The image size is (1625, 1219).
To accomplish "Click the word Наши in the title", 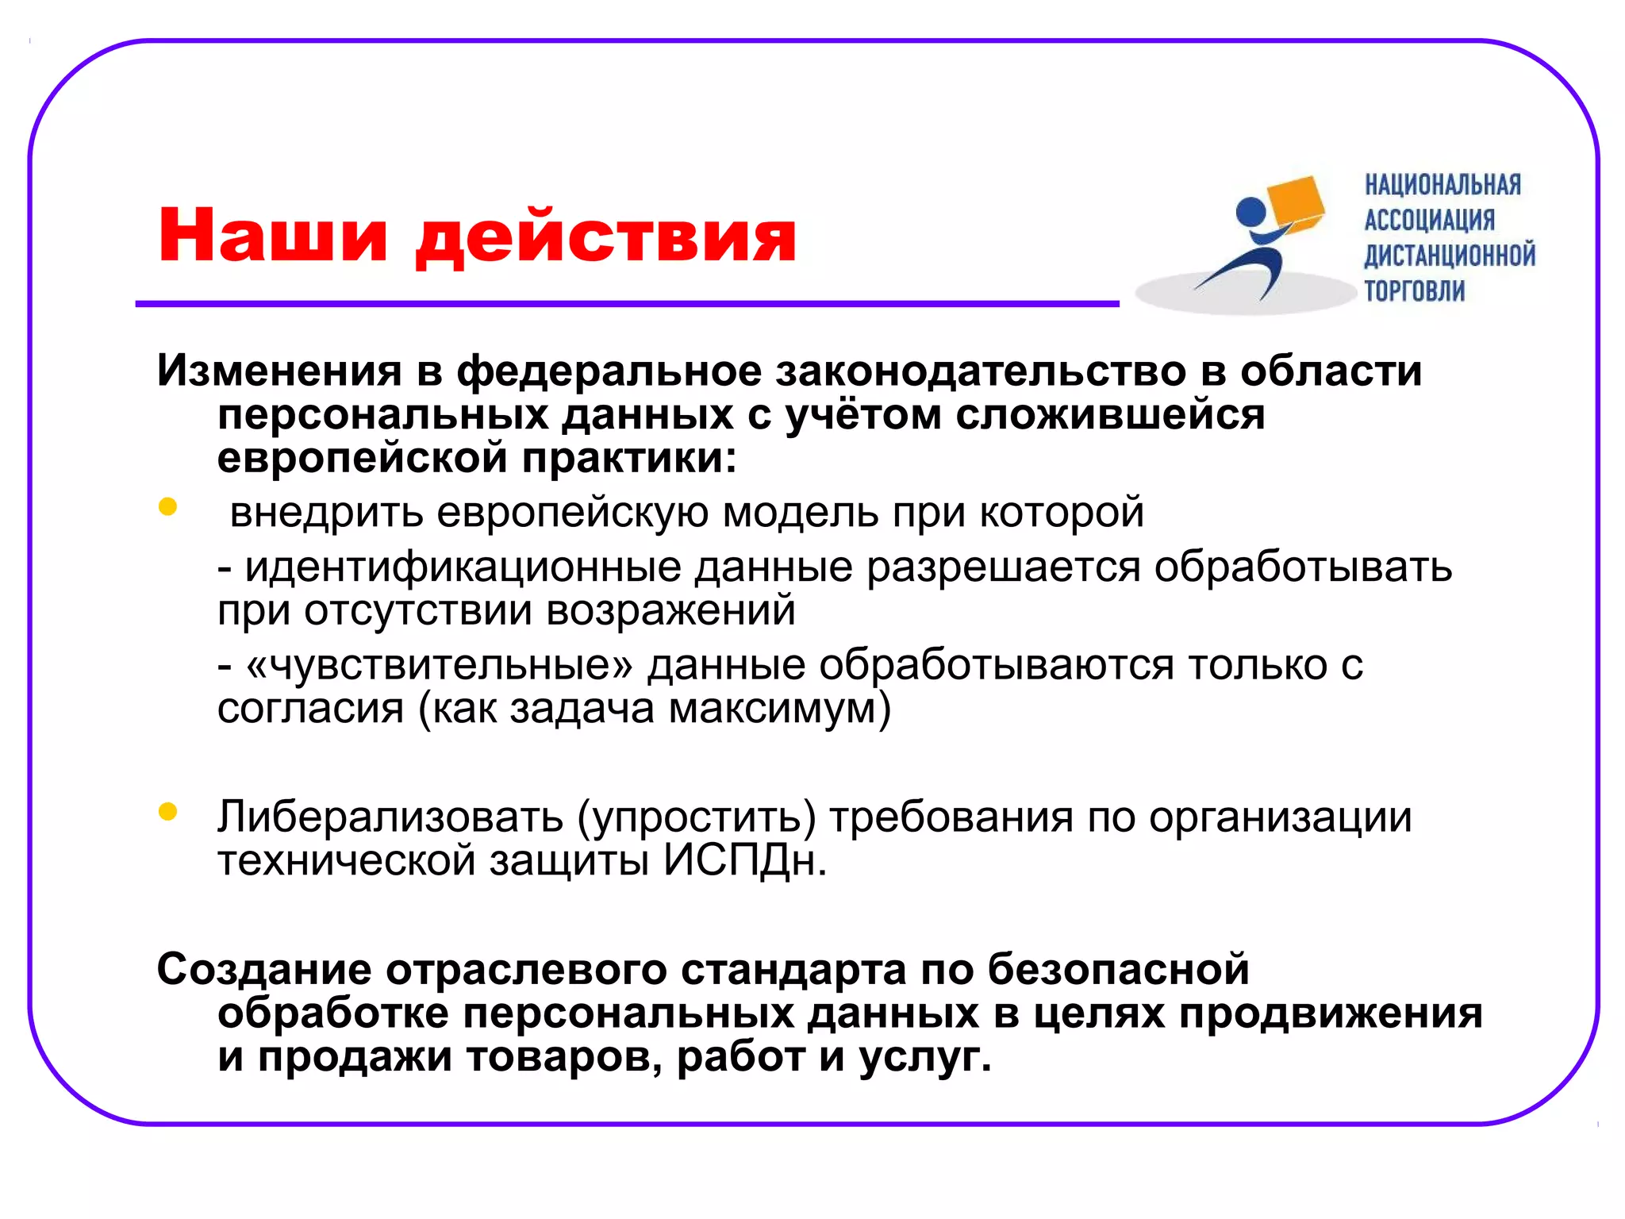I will coord(272,235).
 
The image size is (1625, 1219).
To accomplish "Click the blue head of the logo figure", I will coord(1250,212).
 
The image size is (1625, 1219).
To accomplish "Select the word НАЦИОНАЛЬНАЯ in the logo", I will coord(1443,185).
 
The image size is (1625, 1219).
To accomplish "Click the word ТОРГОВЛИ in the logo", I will coord(1414,291).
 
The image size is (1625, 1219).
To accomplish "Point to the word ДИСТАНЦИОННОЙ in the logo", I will coord(1449,256).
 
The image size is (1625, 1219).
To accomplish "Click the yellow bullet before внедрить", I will coord(167,506).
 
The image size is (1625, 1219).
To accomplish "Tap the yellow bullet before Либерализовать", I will coord(167,811).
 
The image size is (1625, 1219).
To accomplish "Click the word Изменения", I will coord(279,371).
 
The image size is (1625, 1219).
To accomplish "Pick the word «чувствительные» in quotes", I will coord(440,665).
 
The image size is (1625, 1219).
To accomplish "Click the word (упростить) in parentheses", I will coord(696,817).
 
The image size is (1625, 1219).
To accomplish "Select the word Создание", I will coord(264,969).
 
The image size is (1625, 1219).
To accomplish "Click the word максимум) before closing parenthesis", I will coord(780,708).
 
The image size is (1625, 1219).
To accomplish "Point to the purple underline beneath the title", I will coord(627,304).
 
